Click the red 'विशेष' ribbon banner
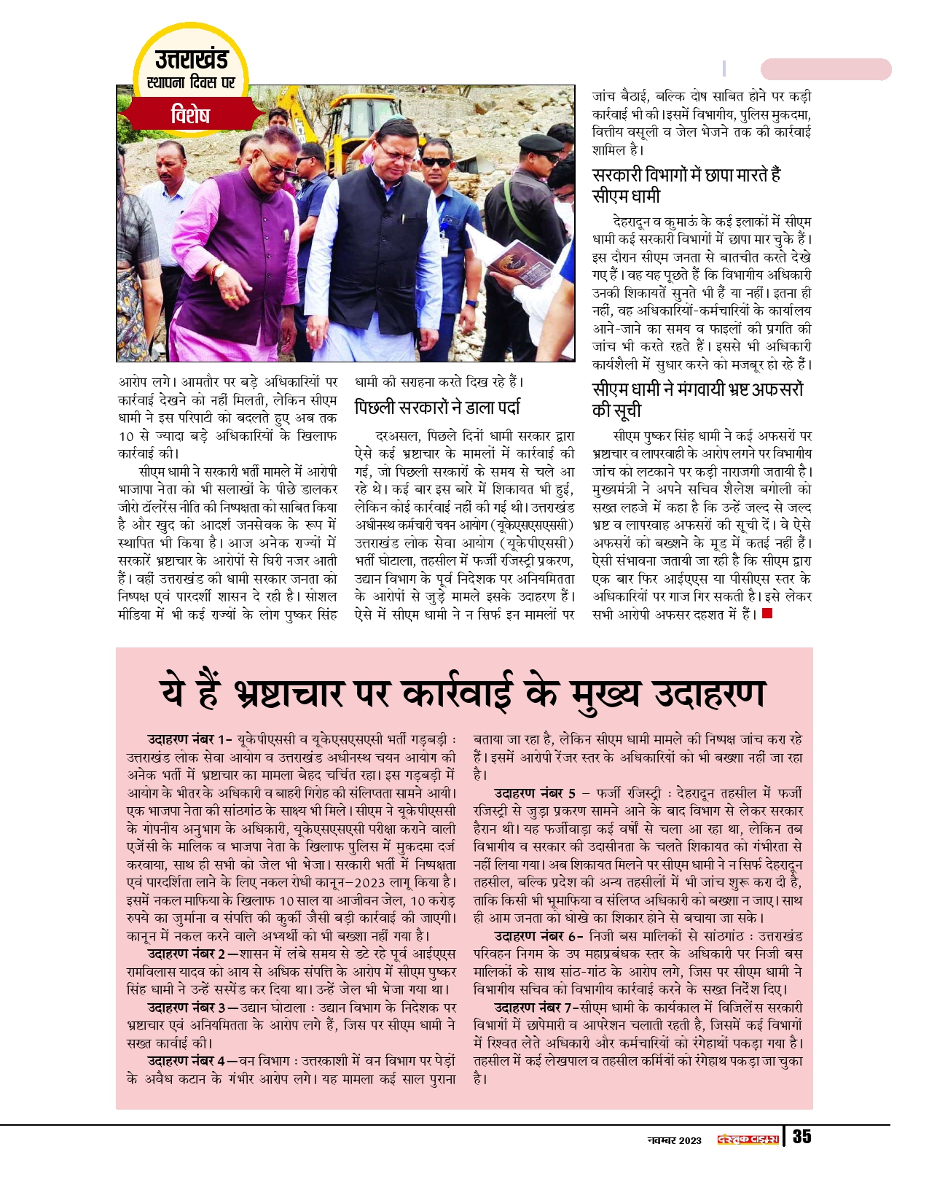point(191,115)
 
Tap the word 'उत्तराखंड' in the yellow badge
point(191,58)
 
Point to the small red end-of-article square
point(767,614)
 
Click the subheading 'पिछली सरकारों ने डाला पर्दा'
point(437,408)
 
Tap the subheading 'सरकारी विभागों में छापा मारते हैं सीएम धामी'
point(686,185)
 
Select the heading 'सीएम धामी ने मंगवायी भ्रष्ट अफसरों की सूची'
point(697,400)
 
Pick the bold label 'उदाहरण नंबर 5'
point(535,793)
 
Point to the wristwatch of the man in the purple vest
point(219,271)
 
